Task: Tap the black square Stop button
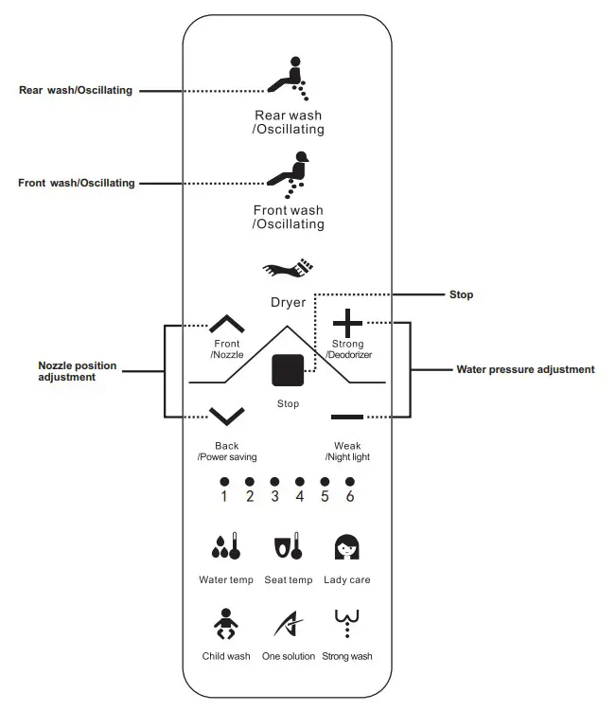point(288,369)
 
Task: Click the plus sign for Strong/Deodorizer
point(347,324)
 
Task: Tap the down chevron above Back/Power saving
point(226,416)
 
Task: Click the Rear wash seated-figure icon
point(288,79)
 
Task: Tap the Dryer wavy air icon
point(288,269)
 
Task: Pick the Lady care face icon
point(347,546)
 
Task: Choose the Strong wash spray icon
point(347,622)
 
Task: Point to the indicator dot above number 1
point(224,481)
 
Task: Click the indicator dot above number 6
point(350,481)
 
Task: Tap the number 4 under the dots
point(300,496)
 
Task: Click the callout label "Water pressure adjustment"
point(525,370)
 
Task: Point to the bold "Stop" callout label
point(461,295)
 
